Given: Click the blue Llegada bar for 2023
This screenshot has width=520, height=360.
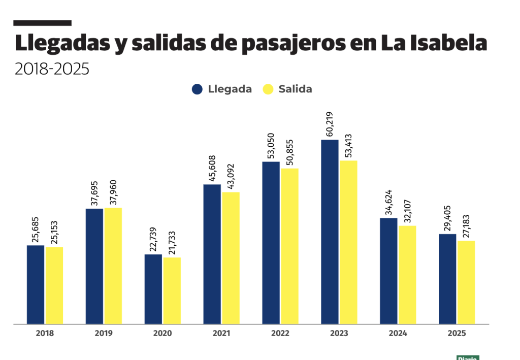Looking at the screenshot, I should (330, 232).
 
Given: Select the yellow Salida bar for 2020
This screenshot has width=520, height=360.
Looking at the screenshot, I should (172, 290).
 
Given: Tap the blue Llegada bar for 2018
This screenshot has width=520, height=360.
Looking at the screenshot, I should (36, 284).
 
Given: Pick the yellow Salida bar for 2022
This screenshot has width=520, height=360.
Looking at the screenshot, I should (289, 246).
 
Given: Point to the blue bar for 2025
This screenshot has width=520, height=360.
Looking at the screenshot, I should (447, 279).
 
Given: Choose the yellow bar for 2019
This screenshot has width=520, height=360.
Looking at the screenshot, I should (113, 266).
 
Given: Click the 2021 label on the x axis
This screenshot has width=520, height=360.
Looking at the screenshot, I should (221, 334).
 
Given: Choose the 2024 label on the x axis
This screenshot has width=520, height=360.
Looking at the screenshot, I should (398, 334).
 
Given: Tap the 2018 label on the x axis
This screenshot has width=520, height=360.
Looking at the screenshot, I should (45, 334).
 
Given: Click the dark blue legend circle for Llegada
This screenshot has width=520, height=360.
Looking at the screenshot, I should (198, 89).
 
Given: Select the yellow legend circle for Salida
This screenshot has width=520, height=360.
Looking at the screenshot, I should (268, 89).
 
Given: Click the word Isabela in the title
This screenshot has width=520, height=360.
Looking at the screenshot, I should (445, 44).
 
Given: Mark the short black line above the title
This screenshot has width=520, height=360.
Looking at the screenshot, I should (42, 23).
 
